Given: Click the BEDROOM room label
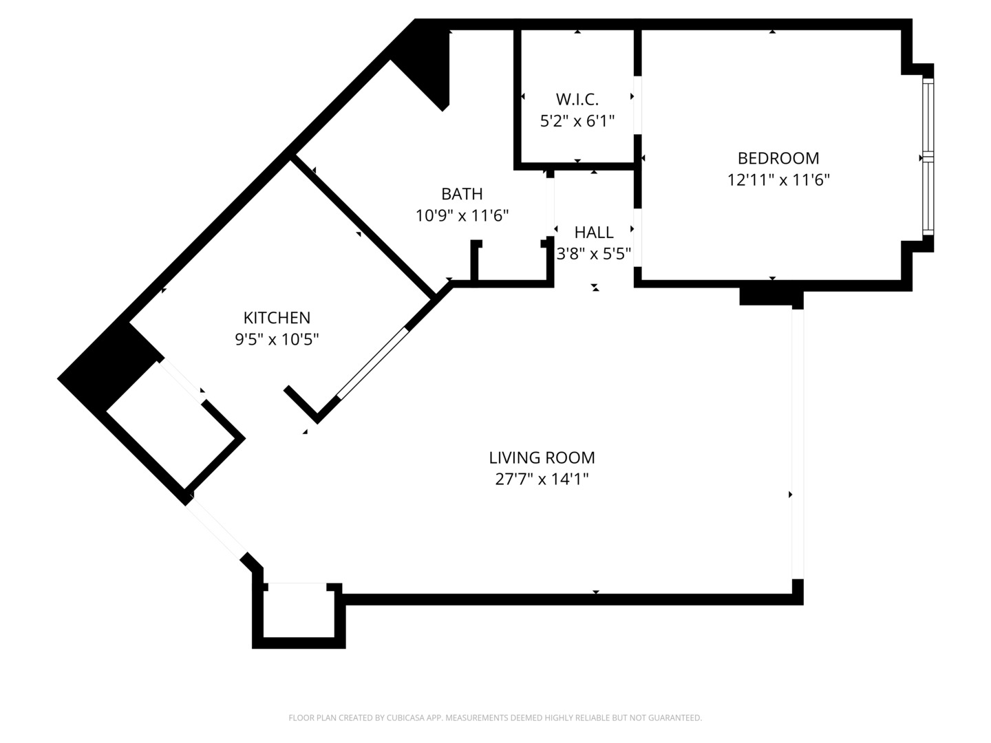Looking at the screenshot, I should (778, 158).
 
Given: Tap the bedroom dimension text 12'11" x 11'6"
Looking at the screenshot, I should (778, 180).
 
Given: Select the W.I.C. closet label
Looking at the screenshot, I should (577, 99).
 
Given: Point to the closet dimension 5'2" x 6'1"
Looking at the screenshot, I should (577, 121).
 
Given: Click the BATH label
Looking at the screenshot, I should (462, 194).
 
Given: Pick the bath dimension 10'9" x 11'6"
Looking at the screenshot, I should (462, 216).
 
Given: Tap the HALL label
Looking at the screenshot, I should (594, 233).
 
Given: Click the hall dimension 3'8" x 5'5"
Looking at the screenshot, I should (594, 254).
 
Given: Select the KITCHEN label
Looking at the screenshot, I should (277, 318).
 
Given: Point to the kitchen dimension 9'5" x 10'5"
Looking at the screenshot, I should (277, 339).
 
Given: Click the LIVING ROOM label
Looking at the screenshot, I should (542, 457).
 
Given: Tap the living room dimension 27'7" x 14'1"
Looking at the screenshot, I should (542, 479).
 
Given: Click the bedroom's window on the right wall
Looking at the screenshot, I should (928, 157).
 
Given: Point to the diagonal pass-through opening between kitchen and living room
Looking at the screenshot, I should (372, 364).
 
